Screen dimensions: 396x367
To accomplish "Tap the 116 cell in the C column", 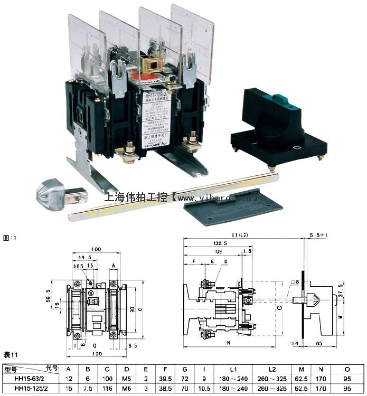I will pyautogui.click(x=107, y=389).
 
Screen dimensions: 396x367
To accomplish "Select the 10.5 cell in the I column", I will pyautogui.click(x=203, y=389).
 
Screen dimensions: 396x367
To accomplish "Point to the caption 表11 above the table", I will pyautogui.click(x=11, y=354).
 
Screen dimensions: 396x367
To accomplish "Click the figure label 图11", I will pyautogui.click(x=10, y=238).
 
